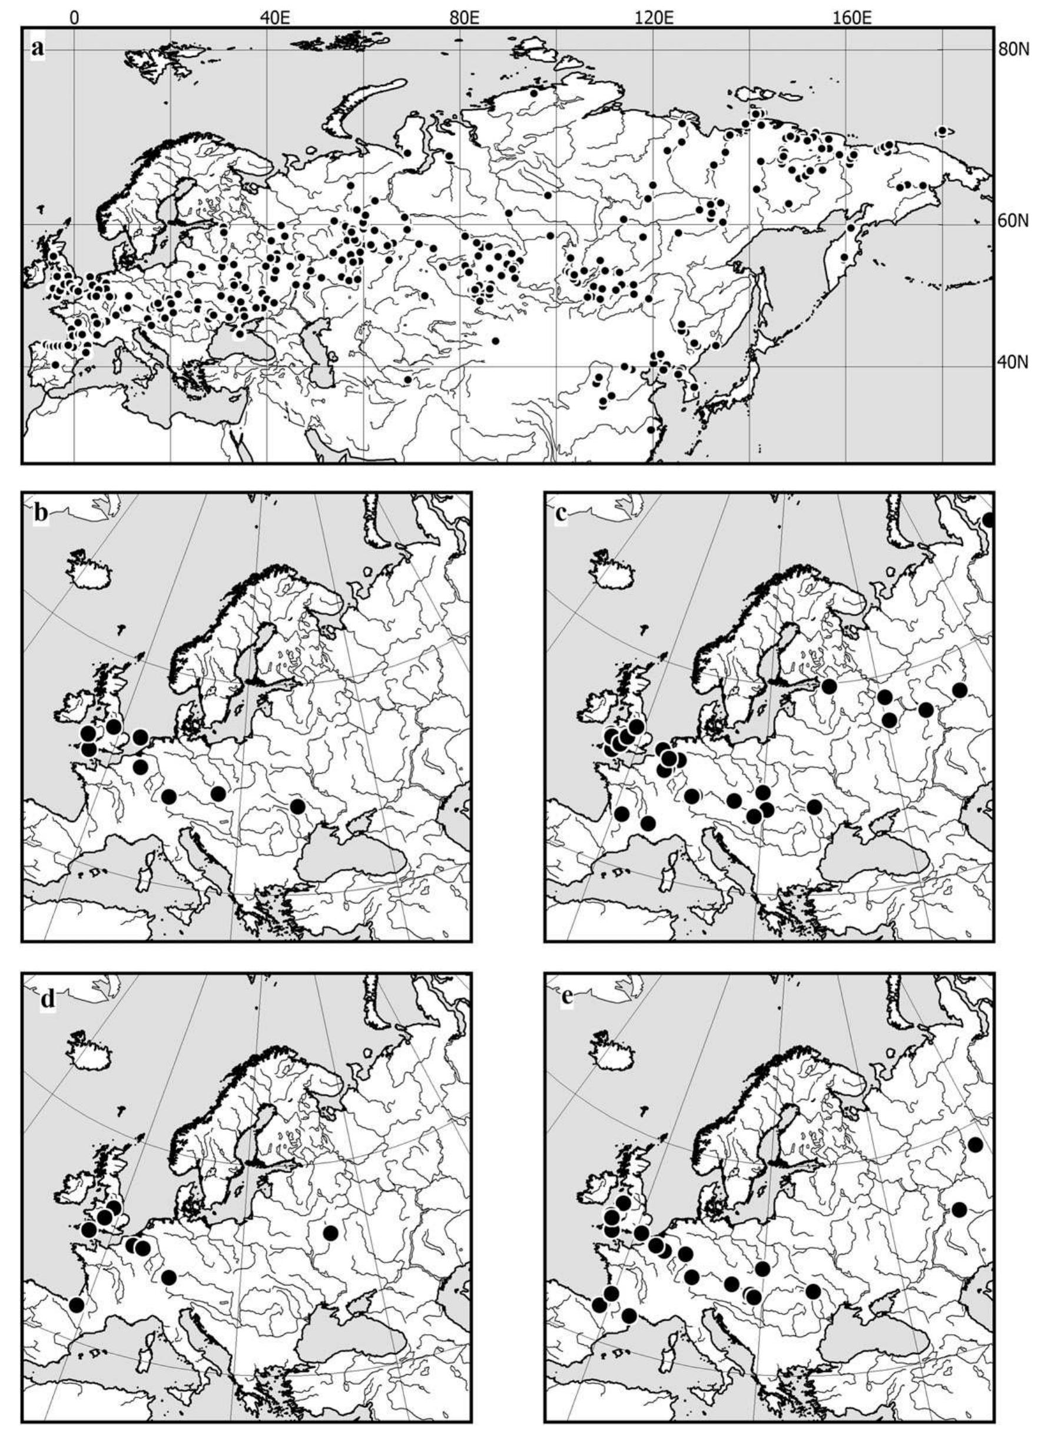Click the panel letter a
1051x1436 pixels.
coord(38,48)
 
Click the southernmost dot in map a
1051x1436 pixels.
coord(651,429)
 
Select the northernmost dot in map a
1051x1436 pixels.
coord(535,94)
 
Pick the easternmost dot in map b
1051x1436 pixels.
coord(297,806)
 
